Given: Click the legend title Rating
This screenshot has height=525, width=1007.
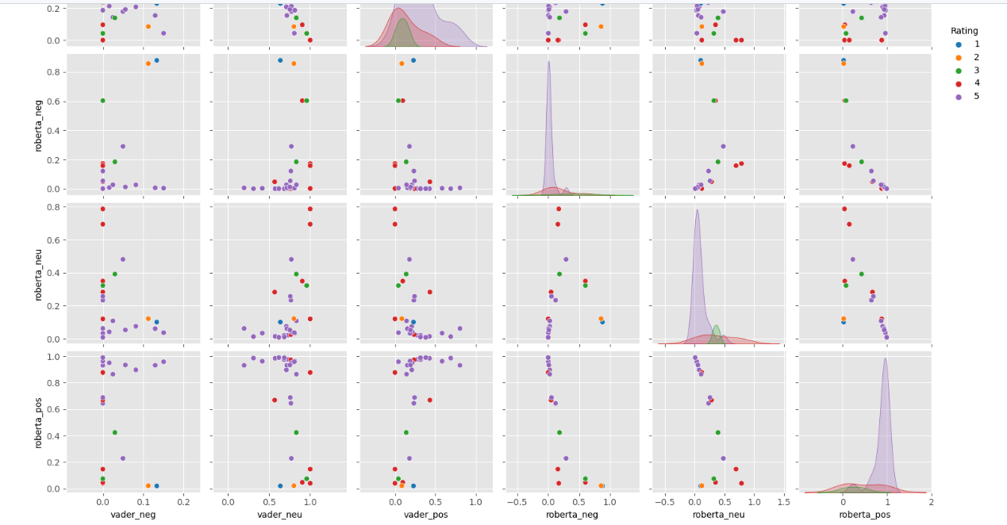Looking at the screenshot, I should [x=963, y=31].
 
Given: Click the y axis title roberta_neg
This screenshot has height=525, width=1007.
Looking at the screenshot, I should [x=37, y=125].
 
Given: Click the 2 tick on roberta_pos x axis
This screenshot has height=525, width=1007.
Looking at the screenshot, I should [x=931, y=501].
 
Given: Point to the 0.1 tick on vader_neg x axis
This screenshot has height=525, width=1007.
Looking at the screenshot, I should [x=144, y=501].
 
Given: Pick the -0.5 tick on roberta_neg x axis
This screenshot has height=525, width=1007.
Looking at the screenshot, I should [x=518, y=501].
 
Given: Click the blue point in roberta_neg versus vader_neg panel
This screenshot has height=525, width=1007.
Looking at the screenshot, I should [x=156, y=60].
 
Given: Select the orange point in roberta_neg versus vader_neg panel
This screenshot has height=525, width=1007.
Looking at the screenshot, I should [x=148, y=63].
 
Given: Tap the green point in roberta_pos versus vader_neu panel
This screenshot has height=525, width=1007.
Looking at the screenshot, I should [x=296, y=432].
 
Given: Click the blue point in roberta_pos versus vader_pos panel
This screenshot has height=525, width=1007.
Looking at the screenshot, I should [x=413, y=485].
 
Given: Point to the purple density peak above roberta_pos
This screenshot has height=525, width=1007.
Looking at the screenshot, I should [x=885, y=359].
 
